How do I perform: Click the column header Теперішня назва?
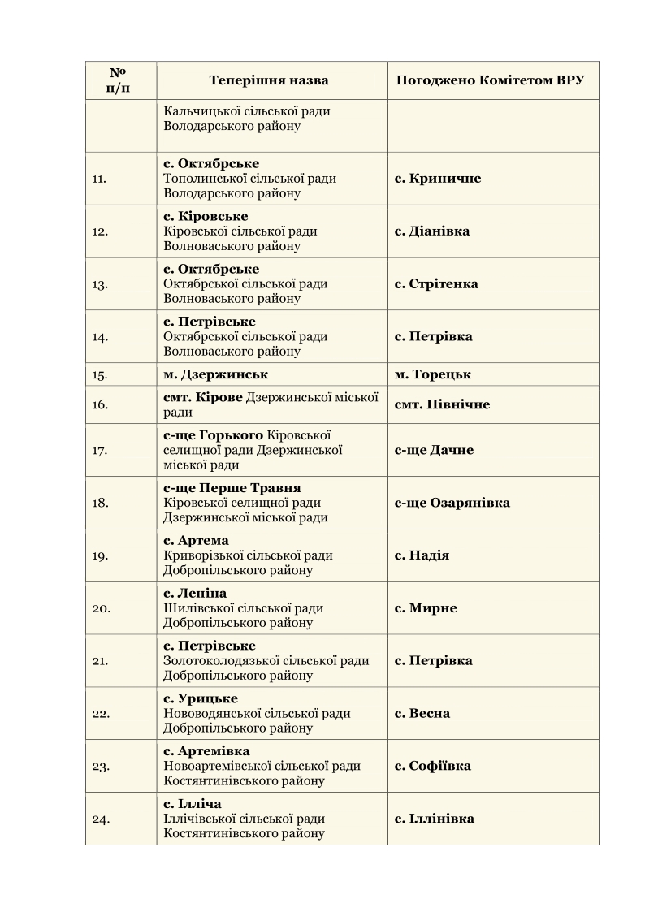coord(268,80)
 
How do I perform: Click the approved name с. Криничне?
coord(438,179)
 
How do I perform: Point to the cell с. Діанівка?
coord(432,231)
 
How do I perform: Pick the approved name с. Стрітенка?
coord(436,284)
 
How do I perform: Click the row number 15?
coord(101,375)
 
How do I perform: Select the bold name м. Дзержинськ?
coord(215,374)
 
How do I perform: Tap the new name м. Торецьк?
coord(433,374)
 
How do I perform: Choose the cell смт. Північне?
coord(442,404)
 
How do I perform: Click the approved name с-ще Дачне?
coord(434,450)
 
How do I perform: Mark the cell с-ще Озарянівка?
coord(452,503)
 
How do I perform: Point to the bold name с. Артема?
coord(196,541)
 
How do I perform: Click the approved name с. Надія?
coord(422,555)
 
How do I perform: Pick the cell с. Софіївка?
coord(433,766)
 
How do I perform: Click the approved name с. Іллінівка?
coord(435,819)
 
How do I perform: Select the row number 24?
coord(101,819)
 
